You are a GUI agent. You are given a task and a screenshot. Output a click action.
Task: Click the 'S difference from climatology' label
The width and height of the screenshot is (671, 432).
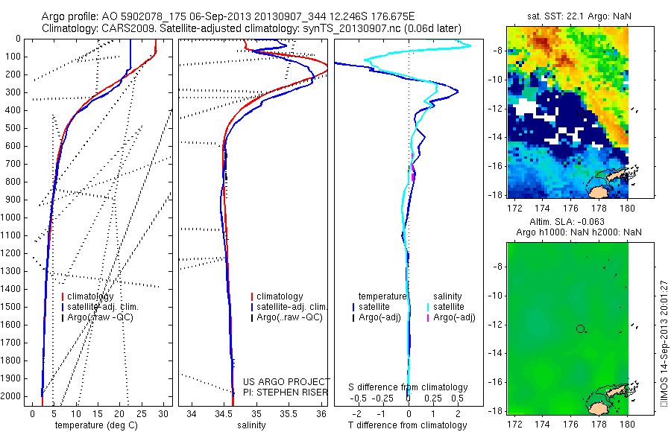pos(409,387)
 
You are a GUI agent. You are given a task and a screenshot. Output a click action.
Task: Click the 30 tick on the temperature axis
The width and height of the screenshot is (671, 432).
pos(163,413)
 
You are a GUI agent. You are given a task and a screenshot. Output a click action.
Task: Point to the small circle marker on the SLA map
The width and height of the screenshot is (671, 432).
pos(580,328)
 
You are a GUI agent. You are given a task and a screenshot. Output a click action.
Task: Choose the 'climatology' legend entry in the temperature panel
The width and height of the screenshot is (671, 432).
pos(93,296)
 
